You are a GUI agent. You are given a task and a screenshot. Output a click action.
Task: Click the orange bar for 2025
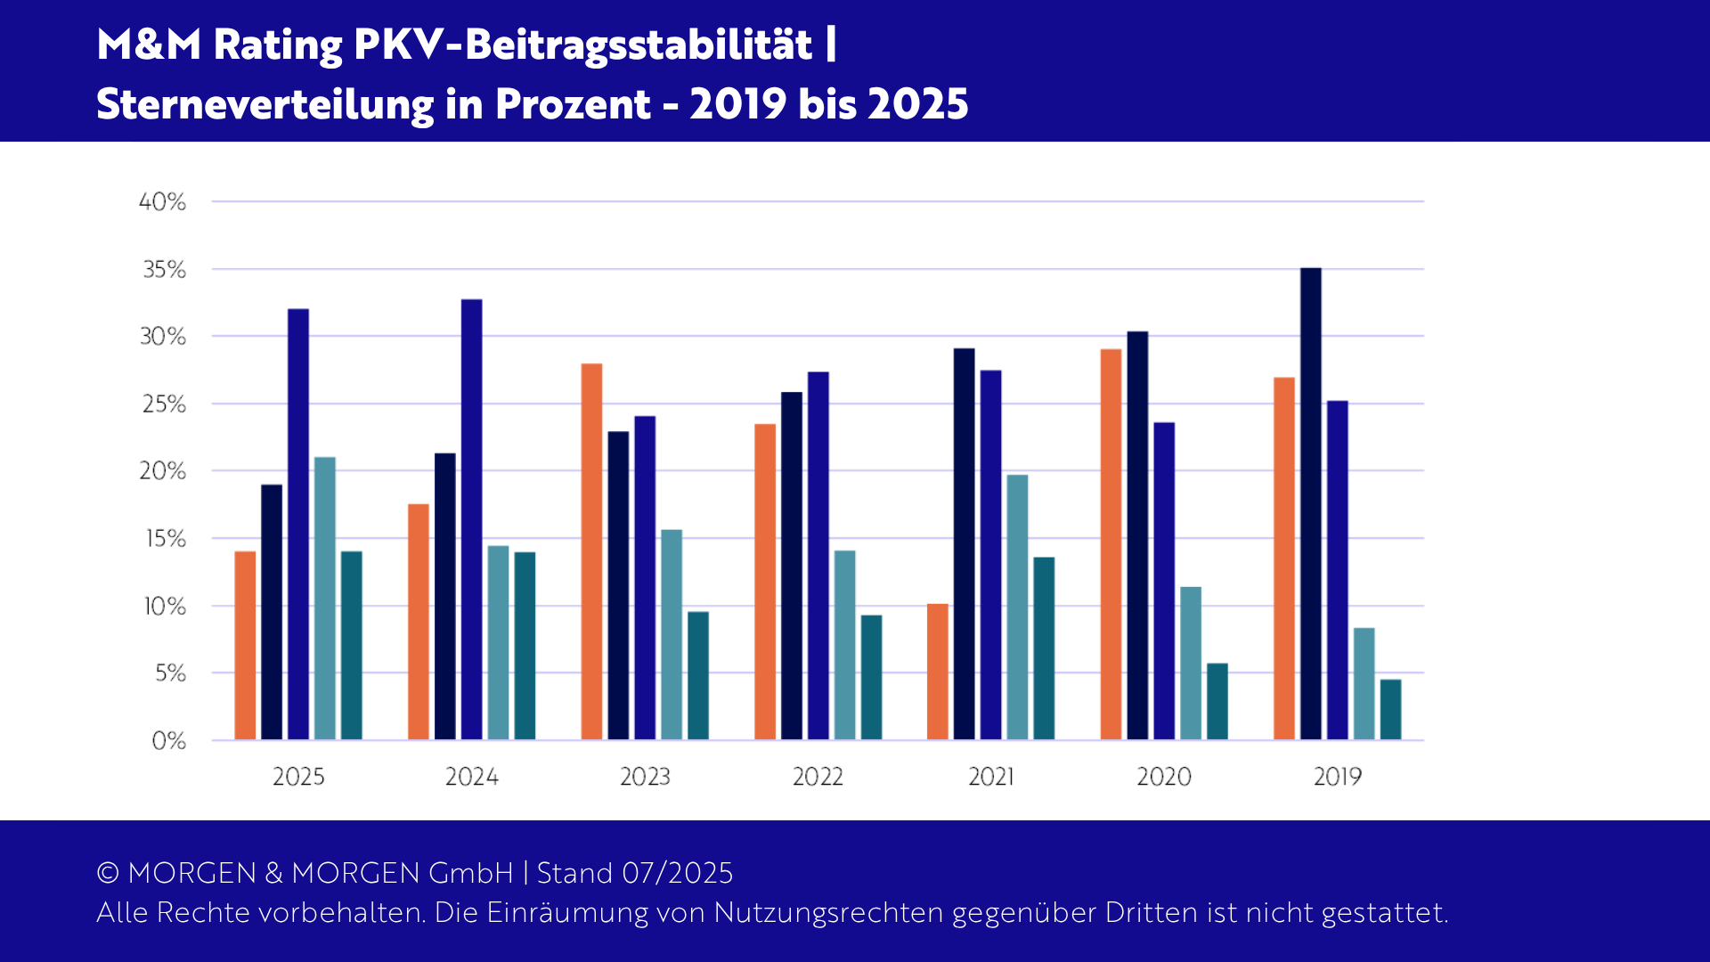click(245, 646)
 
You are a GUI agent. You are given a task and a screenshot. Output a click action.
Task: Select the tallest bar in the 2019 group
click(1310, 503)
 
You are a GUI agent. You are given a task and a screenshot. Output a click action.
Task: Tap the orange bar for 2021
click(937, 672)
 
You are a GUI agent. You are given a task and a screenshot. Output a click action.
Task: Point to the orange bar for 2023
click(591, 551)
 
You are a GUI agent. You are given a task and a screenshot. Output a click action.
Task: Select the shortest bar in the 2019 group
click(1390, 709)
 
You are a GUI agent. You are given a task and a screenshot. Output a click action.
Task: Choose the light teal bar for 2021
click(1017, 607)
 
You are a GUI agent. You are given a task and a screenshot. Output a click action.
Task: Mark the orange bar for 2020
click(1111, 544)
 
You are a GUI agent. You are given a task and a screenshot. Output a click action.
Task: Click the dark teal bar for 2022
click(871, 677)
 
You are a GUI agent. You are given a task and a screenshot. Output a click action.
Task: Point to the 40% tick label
click(162, 202)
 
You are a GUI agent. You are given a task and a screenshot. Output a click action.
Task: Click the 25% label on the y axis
click(164, 404)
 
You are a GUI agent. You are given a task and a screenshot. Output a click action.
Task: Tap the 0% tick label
click(168, 741)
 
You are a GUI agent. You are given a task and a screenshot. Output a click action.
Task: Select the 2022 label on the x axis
click(818, 777)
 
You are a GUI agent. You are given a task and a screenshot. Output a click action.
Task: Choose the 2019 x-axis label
click(1337, 777)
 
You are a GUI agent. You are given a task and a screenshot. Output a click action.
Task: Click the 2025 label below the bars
click(298, 777)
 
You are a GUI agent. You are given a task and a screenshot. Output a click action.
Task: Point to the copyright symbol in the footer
click(108, 873)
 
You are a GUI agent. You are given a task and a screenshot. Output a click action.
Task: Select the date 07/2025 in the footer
click(677, 873)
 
